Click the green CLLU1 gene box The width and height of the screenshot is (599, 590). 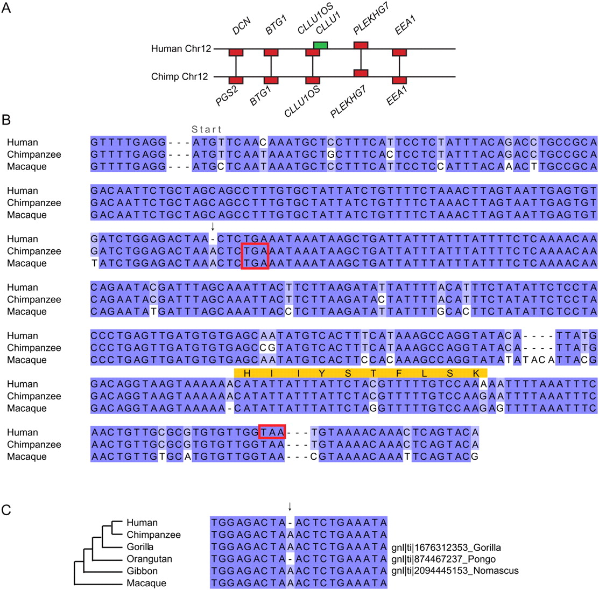coord(320,45)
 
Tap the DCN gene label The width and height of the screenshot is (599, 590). coord(242,26)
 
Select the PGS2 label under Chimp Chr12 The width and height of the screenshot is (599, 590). coord(227,95)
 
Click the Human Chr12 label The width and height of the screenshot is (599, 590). coord(181,48)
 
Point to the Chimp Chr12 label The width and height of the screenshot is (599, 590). coord(180,76)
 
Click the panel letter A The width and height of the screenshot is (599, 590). coord(6,8)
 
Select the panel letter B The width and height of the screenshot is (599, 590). coord(6,120)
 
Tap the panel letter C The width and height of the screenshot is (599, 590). coord(6,510)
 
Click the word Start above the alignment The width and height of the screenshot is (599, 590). coord(206,129)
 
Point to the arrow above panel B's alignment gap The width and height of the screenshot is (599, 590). coord(213,227)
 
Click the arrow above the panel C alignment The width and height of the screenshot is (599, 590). coord(290,507)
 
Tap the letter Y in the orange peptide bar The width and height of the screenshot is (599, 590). coord(322,374)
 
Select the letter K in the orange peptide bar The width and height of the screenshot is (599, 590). coord(476,374)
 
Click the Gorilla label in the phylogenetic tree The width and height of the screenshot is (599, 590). coord(140,547)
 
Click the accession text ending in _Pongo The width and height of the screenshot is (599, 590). coord(443,559)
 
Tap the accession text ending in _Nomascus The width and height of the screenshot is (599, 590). coord(455,571)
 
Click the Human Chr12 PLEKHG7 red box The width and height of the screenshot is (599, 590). coord(361,45)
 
